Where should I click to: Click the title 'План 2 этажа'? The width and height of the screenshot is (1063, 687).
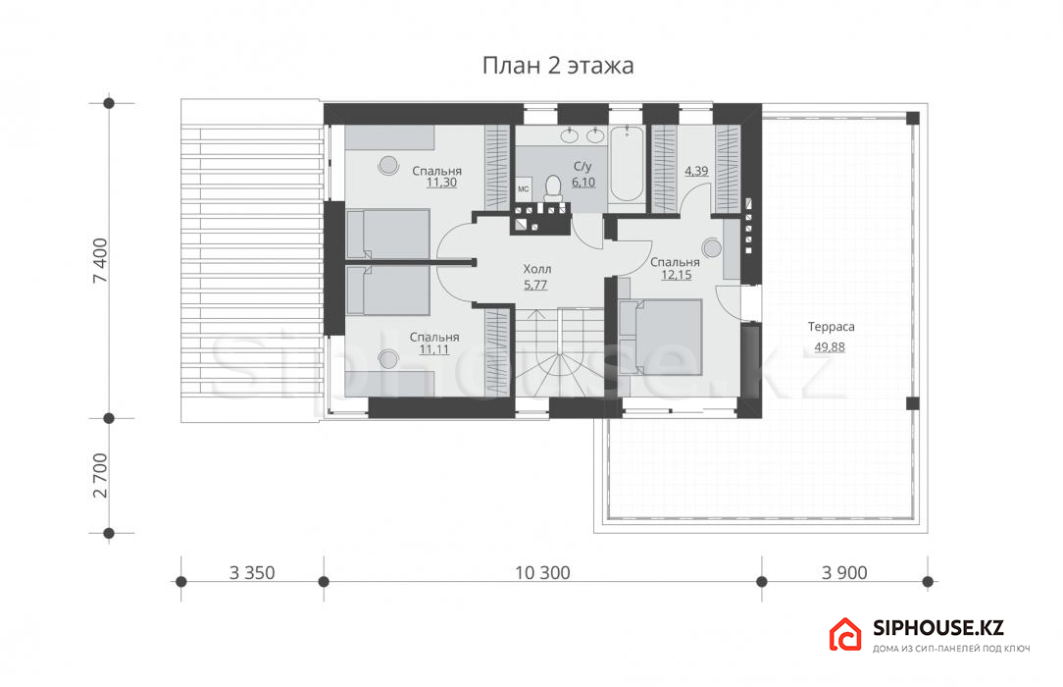[558, 66]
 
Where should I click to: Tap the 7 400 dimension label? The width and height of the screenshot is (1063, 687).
[100, 260]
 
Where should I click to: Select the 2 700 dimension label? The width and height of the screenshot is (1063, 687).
[100, 475]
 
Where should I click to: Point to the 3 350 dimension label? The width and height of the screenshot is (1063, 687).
[252, 573]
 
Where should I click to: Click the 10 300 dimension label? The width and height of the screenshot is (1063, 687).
[542, 573]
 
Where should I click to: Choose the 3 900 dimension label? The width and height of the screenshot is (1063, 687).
[844, 573]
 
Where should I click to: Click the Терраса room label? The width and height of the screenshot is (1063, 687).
[832, 327]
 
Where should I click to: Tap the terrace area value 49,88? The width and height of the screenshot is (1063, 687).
[830, 347]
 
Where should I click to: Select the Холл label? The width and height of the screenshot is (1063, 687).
[537, 269]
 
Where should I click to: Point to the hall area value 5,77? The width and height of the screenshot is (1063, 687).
[535, 285]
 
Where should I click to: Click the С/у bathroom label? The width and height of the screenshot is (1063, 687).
[582, 167]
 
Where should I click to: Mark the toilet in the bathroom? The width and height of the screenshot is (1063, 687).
[553, 187]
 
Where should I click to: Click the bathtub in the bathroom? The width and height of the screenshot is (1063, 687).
[626, 164]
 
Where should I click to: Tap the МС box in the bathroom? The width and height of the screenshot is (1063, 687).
[524, 189]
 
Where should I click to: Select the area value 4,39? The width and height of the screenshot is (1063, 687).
[696, 171]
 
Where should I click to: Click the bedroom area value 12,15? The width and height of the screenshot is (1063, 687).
[676, 275]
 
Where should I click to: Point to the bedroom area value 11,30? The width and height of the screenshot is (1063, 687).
[441, 183]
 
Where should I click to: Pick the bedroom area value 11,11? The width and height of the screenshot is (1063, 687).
[433, 350]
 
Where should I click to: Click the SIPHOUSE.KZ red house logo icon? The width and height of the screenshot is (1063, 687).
[845, 635]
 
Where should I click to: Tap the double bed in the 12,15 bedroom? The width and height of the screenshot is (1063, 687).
[660, 337]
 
